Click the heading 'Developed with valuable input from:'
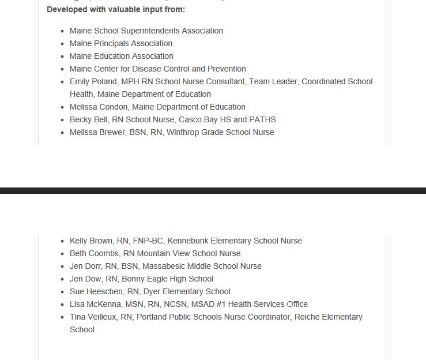click(116, 10)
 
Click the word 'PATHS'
click(262, 119)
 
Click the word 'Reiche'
click(307, 317)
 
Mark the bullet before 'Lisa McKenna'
click(63, 304)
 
